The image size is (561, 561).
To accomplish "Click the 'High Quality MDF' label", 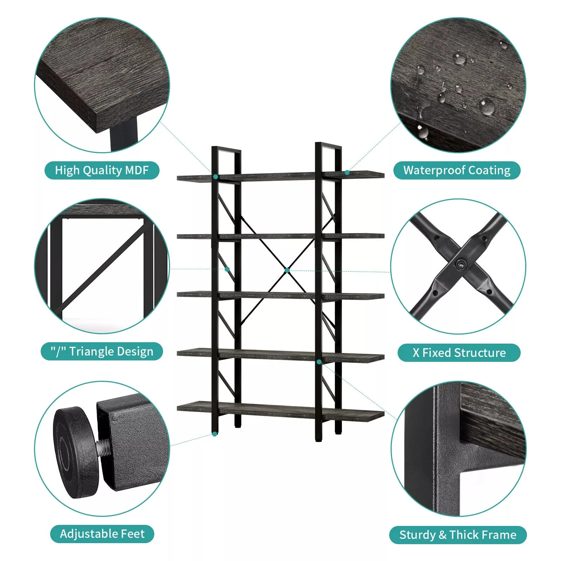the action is click(102, 170).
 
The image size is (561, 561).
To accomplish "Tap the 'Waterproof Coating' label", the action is click(457, 170).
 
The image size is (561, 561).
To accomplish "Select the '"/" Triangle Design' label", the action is click(102, 351).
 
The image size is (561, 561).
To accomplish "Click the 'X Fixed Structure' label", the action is click(459, 353).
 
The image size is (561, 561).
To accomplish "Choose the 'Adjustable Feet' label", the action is click(102, 534).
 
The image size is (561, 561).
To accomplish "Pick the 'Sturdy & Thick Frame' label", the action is click(458, 535).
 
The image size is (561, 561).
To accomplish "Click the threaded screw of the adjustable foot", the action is click(103, 448).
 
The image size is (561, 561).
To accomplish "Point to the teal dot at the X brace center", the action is click(287, 270).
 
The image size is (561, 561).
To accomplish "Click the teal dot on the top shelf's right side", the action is click(347, 172).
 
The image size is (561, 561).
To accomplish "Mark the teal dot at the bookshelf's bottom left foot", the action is click(215, 434).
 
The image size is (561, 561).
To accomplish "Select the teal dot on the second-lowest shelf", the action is click(319, 361).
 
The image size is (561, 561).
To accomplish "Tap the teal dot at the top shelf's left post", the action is click(216, 177).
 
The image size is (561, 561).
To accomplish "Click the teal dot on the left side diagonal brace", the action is click(227, 269).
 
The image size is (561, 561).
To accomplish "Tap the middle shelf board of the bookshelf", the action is click(280, 296).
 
